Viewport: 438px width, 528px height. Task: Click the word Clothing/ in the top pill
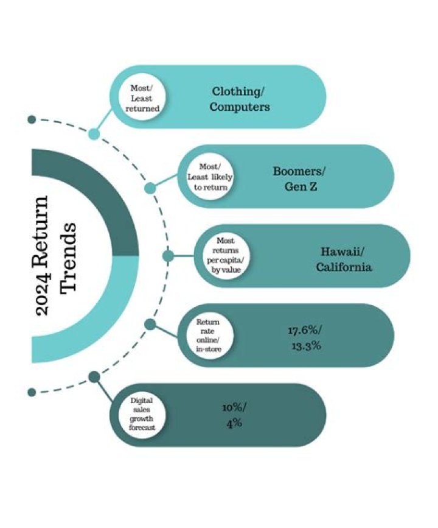pyautogui.click(x=239, y=91)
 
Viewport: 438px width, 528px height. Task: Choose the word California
pyautogui.click(x=344, y=267)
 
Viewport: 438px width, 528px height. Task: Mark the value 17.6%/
pyautogui.click(x=305, y=331)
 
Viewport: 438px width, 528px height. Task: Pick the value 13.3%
pyautogui.click(x=305, y=346)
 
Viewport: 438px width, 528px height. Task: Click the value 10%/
pyautogui.click(x=234, y=407)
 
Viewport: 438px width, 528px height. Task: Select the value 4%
pyautogui.click(x=234, y=423)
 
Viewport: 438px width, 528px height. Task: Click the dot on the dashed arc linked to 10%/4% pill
pyautogui.click(x=94, y=377)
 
